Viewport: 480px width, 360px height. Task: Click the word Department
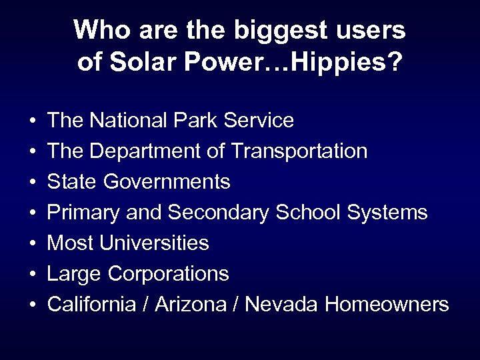144,151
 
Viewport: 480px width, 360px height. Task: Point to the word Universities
155,243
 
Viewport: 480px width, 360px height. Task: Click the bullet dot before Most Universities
33,244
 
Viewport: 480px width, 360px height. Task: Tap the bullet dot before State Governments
33,183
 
